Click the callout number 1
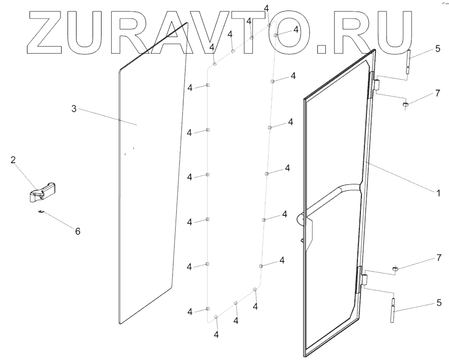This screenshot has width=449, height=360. [x=438, y=192]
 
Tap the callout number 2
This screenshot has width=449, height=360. [x=14, y=160]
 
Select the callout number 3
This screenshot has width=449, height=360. [x=74, y=109]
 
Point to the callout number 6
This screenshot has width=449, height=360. [x=78, y=231]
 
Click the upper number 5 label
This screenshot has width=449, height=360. [x=437, y=49]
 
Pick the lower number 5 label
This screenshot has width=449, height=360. [x=438, y=302]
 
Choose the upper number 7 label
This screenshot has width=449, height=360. [x=437, y=93]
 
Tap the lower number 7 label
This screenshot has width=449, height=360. [x=438, y=257]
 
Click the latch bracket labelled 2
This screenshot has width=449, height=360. [x=42, y=191]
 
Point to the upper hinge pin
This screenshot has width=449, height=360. [x=408, y=62]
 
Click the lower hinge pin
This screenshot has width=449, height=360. [x=394, y=311]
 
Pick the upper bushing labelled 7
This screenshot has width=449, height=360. [x=406, y=105]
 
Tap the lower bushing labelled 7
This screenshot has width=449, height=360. [x=394, y=269]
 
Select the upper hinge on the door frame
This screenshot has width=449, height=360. [x=374, y=84]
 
